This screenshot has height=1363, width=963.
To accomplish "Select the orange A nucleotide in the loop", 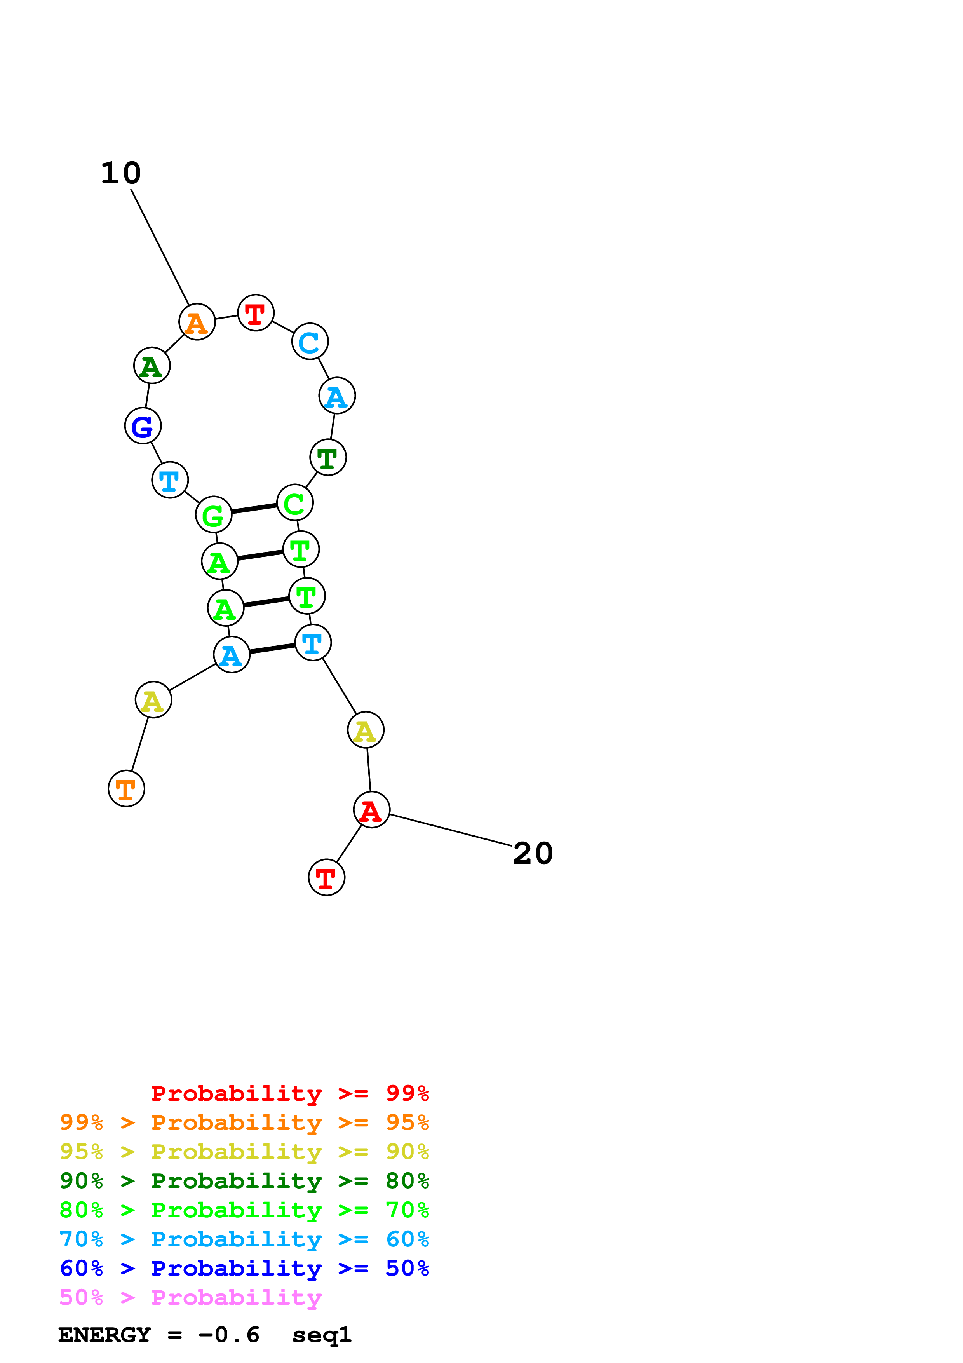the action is tap(197, 322).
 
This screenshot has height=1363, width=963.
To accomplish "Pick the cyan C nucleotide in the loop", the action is tap(310, 342).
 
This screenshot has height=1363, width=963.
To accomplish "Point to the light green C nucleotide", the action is tap(295, 503).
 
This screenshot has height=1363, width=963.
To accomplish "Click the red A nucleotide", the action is tap(371, 810).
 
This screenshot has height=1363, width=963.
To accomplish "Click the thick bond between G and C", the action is tap(254, 508).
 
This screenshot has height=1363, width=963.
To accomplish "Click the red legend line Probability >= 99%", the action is tap(289, 1093).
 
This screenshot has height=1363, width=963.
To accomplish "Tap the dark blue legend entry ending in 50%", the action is tap(244, 1269).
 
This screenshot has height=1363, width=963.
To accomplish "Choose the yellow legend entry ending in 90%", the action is tap(244, 1152).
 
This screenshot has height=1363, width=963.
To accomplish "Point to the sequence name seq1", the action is tap(322, 1335).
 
